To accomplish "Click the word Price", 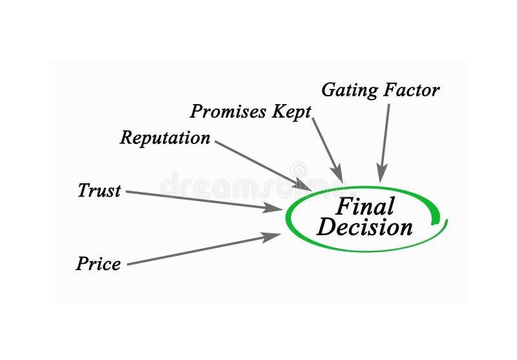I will coord(98,264).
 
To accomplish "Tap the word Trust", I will coord(99,191).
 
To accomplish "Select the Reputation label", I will coord(165,138).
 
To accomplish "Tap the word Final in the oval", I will coord(365,207).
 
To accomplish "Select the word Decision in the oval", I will coord(365,227).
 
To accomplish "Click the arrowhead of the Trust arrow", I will coord(277,208).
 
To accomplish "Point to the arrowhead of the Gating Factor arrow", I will coord(382,175).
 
